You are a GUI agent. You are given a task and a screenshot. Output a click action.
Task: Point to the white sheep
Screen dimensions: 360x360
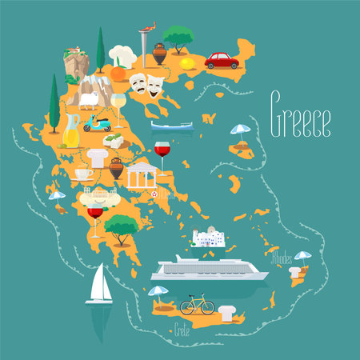pos(87,98)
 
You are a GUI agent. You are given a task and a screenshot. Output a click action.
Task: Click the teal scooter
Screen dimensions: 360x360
pos(96,124)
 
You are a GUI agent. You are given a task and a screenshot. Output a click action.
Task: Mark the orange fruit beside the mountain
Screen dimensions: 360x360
pos(118,73)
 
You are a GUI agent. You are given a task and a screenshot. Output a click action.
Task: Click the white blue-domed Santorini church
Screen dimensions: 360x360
pos(210,237)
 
